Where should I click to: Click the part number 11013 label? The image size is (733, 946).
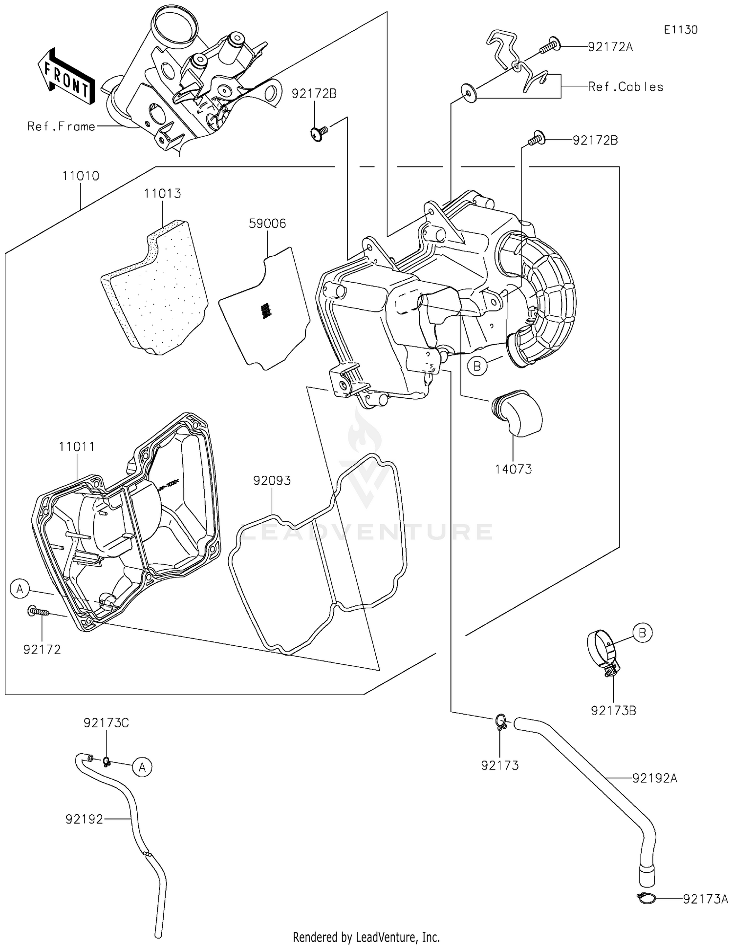pyautogui.click(x=162, y=194)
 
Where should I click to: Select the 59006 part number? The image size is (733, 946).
pyautogui.click(x=267, y=224)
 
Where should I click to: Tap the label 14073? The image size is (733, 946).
pyautogui.click(x=513, y=469)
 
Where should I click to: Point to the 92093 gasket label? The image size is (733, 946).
pyautogui.click(x=272, y=480)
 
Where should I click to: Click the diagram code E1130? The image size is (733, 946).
pyautogui.click(x=680, y=30)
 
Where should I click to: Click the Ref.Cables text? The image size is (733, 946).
pyautogui.click(x=625, y=87)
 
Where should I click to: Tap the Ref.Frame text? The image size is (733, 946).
pyautogui.click(x=61, y=126)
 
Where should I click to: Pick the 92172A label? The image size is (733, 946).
pyautogui.click(x=610, y=47)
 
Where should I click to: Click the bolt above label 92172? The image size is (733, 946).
pyautogui.click(x=38, y=611)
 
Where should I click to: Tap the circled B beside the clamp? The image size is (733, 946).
pyautogui.click(x=642, y=633)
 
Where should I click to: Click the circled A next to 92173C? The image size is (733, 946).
pyautogui.click(x=142, y=768)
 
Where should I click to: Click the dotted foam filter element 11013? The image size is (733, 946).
pyautogui.click(x=154, y=290)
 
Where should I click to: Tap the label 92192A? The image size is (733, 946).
pyautogui.click(x=655, y=778)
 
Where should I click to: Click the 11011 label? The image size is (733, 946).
pyautogui.click(x=77, y=447)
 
